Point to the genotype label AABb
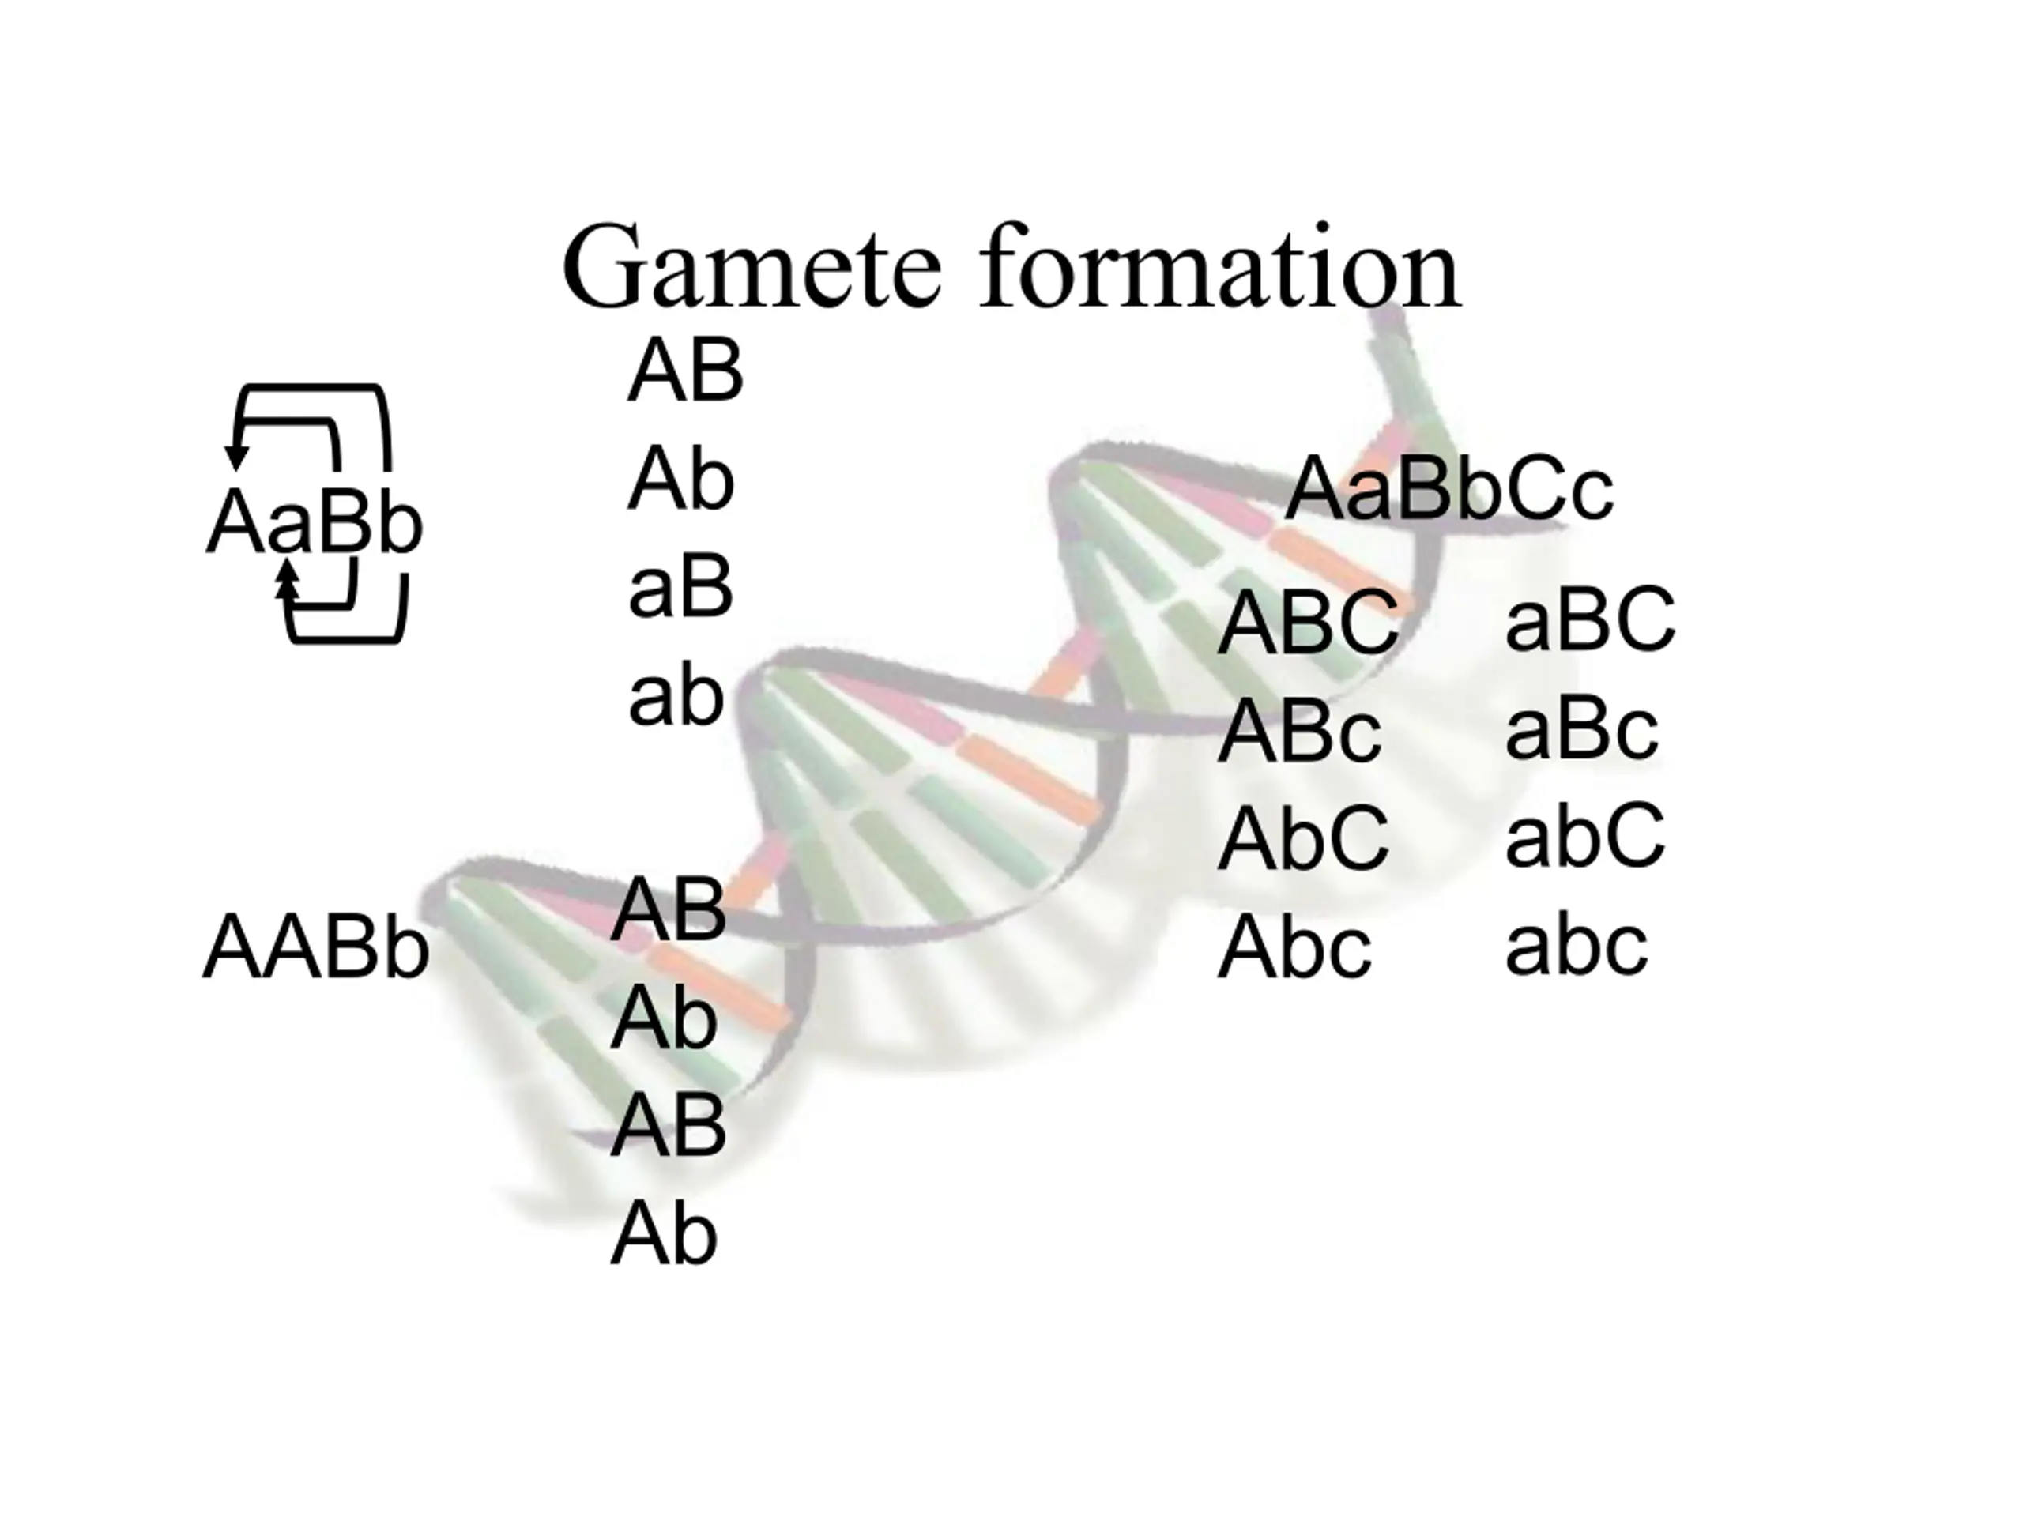point(315,947)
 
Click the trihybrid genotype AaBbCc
point(1449,489)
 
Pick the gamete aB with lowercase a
point(680,587)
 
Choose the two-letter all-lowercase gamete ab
point(676,696)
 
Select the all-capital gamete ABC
point(1308,623)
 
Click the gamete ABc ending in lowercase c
point(1298,732)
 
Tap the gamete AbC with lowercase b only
point(1303,838)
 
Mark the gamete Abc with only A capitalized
point(1294,947)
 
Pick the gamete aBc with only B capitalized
point(1581,728)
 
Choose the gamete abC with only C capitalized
point(1585,835)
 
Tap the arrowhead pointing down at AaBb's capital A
point(237,458)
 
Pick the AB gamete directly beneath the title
point(686,371)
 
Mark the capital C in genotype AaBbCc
point(1535,490)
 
